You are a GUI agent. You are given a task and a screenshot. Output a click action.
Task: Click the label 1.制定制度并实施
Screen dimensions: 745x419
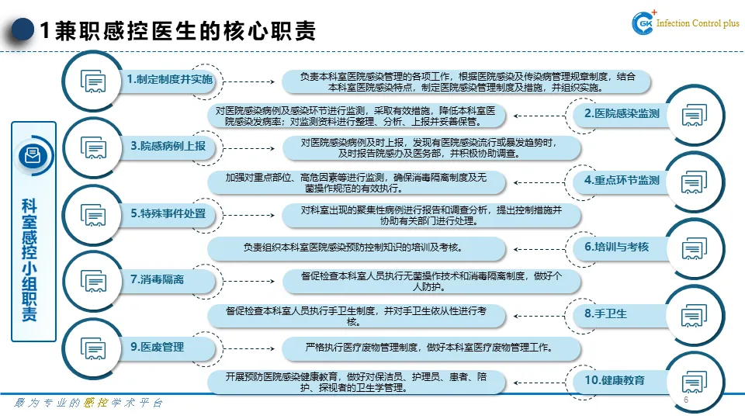(169, 80)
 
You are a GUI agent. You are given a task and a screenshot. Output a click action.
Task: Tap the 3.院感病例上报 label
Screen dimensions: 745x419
(168, 146)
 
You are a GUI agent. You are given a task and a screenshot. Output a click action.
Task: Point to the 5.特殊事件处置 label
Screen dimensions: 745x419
(168, 213)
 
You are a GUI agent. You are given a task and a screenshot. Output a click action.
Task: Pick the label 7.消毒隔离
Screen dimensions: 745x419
(158, 279)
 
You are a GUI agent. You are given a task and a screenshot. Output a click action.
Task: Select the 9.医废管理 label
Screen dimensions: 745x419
(158, 347)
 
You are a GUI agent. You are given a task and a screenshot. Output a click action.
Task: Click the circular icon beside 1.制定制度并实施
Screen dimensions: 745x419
(93, 81)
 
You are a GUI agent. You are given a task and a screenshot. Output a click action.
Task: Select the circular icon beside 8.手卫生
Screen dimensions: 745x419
(693, 314)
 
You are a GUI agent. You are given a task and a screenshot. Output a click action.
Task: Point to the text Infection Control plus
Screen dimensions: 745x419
(698, 24)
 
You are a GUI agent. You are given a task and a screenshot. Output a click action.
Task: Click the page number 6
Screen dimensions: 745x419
(686, 400)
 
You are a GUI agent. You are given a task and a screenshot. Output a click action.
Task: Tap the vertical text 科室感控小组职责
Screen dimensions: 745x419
(33, 260)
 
